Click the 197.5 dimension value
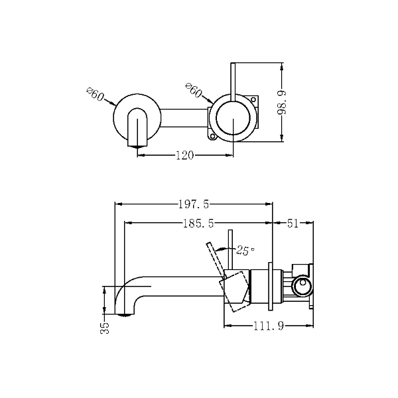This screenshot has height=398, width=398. point(194,204)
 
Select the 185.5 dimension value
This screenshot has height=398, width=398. point(198,224)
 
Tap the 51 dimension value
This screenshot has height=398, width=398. point(293,224)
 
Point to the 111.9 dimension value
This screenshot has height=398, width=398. point(269,326)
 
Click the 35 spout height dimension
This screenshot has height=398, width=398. point(105,328)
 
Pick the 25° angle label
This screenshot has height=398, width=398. point(245,251)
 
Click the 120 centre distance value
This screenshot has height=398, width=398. point(185,155)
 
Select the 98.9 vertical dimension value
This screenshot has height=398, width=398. point(282,103)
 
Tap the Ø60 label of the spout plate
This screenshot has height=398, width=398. point(96,94)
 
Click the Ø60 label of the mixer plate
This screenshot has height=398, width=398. point(194,90)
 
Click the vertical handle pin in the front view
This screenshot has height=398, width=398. point(233,82)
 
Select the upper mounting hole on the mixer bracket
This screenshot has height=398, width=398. point(253,99)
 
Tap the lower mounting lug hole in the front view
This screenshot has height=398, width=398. point(212,137)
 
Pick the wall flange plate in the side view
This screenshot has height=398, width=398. point(271,286)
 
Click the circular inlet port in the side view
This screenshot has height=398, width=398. point(302,285)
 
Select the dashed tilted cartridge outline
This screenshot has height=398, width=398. point(234,291)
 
